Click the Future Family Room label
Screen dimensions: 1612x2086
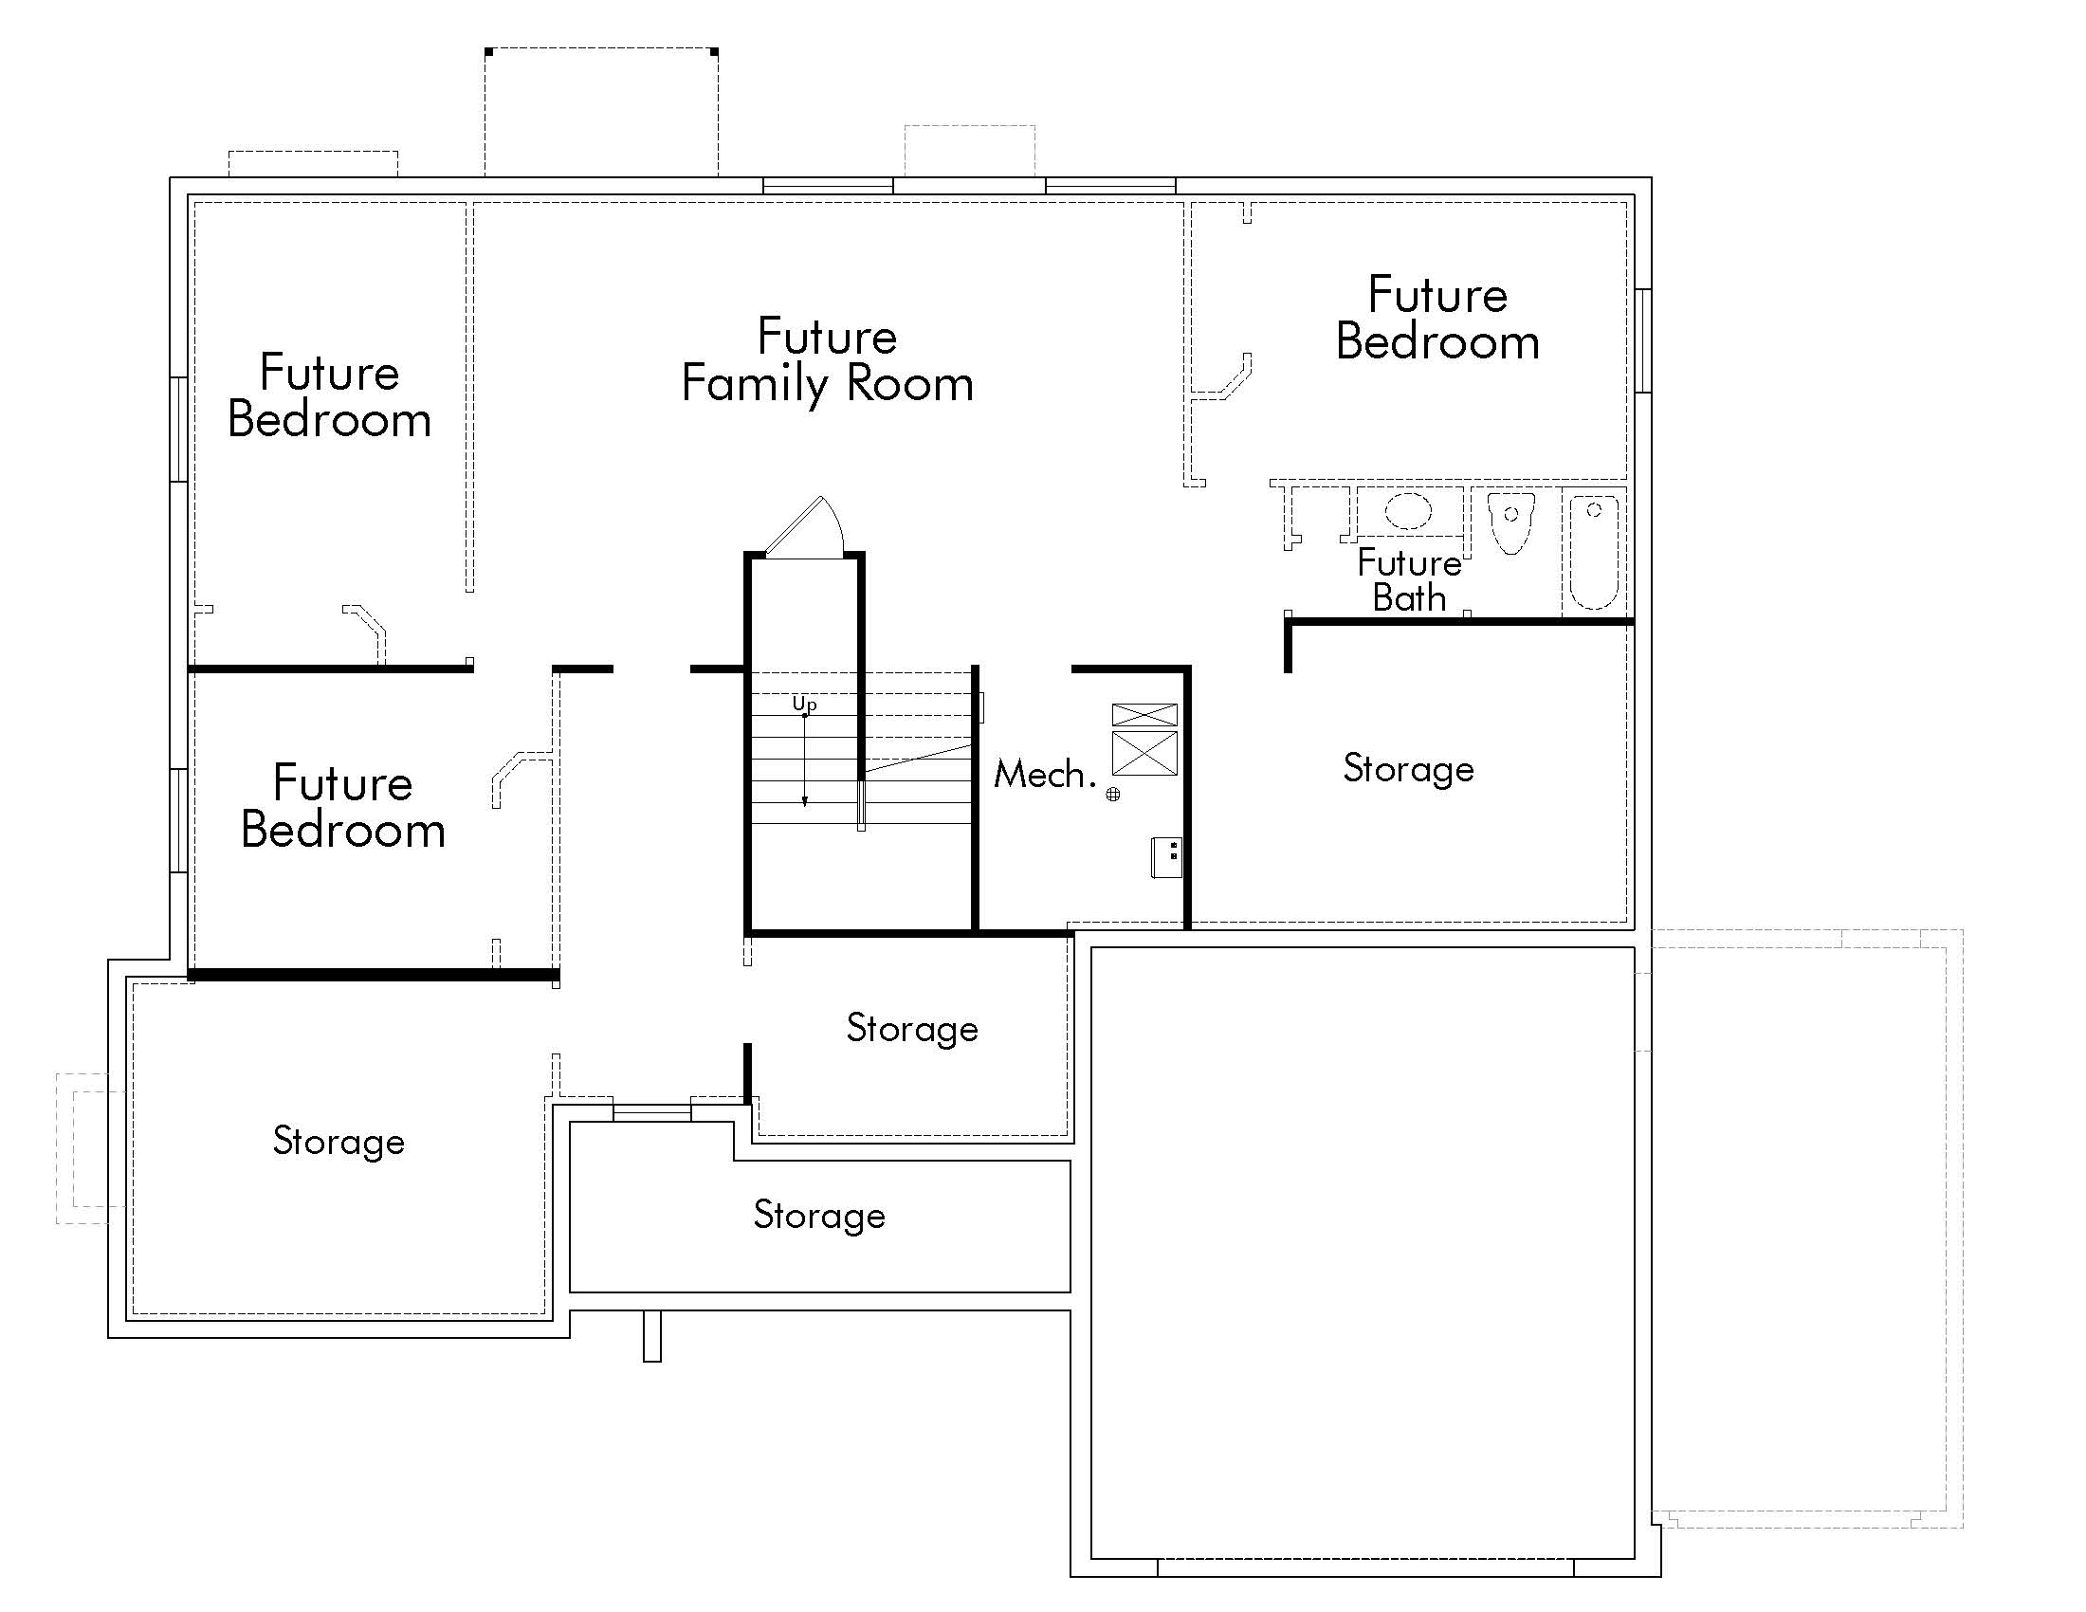(827, 361)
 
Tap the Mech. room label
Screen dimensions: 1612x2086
(1044, 774)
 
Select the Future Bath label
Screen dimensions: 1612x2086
(1409, 579)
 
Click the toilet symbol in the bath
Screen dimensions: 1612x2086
(1511, 523)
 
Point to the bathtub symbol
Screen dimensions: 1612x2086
(1594, 552)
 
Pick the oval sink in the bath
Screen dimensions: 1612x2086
(1408, 510)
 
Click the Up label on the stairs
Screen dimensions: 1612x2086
(804, 704)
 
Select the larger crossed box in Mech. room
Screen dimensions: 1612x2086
(1144, 753)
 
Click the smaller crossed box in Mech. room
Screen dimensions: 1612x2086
(1144, 714)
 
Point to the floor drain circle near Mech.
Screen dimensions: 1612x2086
(1113, 794)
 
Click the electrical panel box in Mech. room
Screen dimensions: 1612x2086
(1167, 856)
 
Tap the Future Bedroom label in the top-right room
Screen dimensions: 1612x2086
(1437, 318)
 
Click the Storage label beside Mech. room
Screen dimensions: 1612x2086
(1408, 769)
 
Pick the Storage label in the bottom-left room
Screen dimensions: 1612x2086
(339, 1141)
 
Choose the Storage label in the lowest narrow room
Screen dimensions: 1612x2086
(818, 1215)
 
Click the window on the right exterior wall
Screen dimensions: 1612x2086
(1643, 340)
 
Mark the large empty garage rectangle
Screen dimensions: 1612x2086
(1362, 1252)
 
